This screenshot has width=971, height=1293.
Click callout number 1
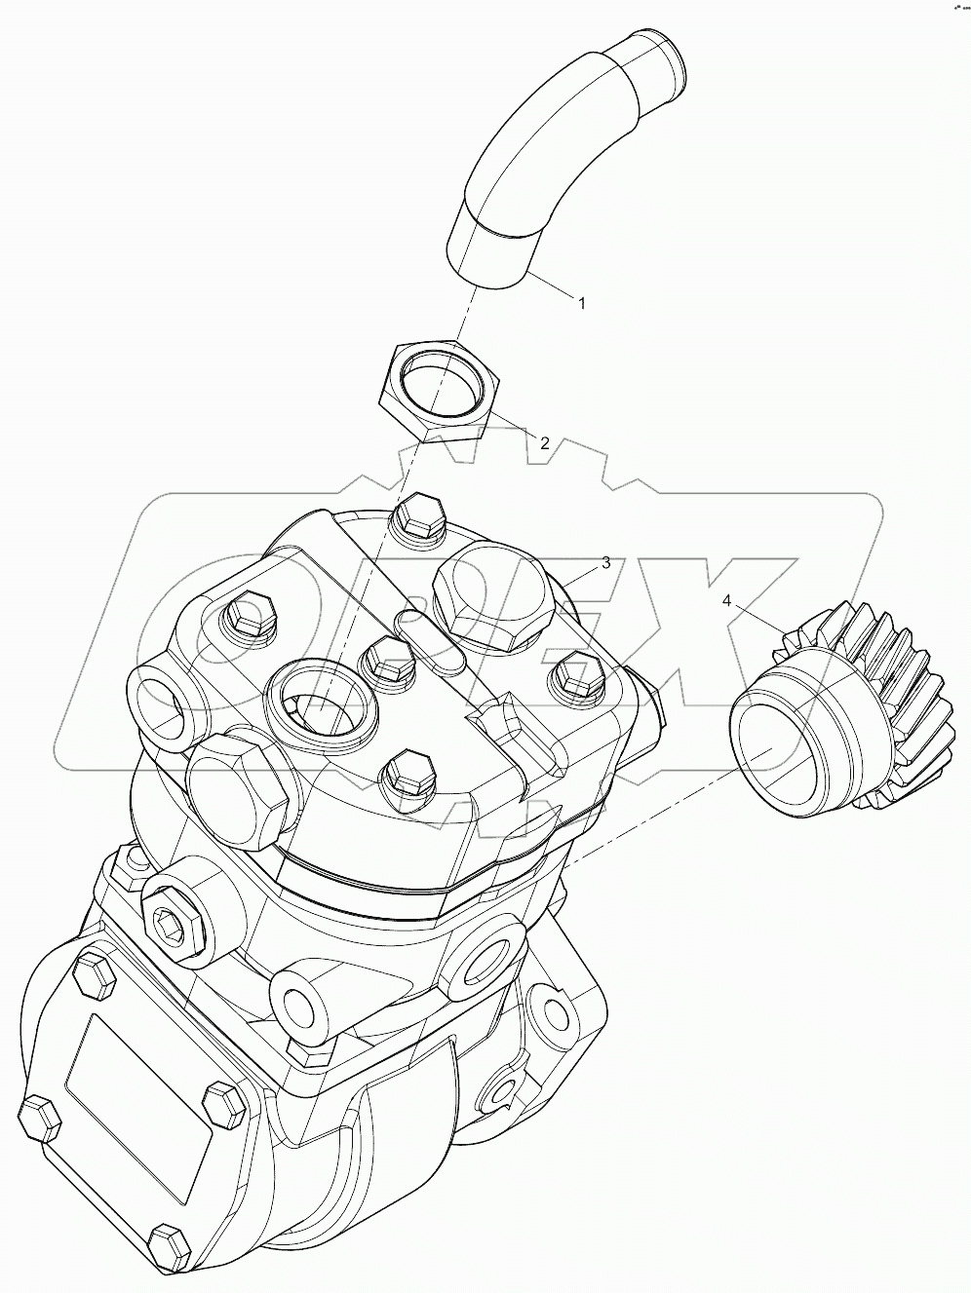582,303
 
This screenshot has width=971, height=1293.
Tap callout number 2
545,442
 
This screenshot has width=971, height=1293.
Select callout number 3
605,562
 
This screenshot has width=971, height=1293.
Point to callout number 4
726,600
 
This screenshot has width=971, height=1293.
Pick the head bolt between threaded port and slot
388,659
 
